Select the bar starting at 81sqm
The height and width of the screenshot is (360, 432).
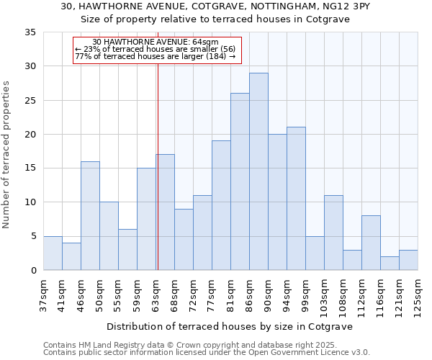tap(240, 181)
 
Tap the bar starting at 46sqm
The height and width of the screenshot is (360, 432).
tap(90, 215)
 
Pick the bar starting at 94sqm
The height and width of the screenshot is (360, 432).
tap(296, 199)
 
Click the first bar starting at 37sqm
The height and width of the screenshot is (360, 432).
tap(53, 253)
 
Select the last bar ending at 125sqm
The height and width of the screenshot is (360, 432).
tap(408, 260)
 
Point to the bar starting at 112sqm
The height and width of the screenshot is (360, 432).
tap(371, 243)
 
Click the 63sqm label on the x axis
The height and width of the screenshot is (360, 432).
tap(156, 294)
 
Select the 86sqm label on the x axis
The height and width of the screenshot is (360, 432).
tap(249, 294)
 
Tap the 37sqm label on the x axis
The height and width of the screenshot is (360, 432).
tap(43, 294)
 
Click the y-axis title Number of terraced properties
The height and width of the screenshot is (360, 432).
tap(7, 155)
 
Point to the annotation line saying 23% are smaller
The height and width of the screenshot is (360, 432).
tap(156, 49)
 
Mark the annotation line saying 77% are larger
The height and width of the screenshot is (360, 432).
tap(156, 56)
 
